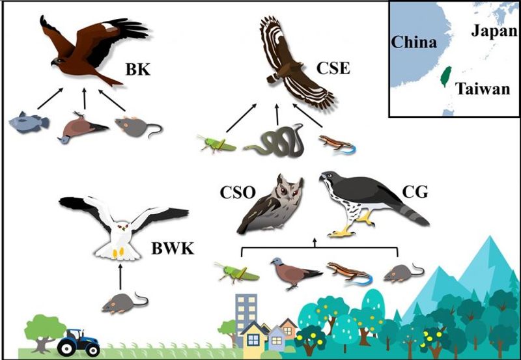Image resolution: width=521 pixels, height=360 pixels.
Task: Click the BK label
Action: click(x=137, y=70)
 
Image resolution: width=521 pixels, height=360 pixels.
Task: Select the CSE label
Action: click(x=333, y=68)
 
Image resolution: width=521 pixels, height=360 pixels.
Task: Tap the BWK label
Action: click(x=173, y=248)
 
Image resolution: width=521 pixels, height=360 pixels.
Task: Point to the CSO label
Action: click(x=238, y=192)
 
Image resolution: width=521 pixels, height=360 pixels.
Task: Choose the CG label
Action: click(x=415, y=191)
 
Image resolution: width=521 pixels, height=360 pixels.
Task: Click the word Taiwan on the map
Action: click(x=482, y=89)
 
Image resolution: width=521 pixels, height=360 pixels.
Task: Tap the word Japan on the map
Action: click(x=494, y=31)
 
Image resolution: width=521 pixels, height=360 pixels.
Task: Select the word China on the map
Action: click(x=414, y=42)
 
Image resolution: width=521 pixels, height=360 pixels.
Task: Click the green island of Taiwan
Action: click(x=446, y=76)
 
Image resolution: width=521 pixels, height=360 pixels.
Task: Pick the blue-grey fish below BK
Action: click(x=29, y=122)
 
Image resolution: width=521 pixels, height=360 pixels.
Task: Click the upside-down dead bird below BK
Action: click(x=83, y=128)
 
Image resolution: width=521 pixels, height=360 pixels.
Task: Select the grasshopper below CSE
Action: click(x=216, y=144)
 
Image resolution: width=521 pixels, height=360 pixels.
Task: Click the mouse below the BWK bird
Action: click(x=124, y=303)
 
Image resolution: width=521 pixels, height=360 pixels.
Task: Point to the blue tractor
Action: click(x=79, y=342)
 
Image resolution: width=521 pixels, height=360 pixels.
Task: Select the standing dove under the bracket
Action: click(x=296, y=272)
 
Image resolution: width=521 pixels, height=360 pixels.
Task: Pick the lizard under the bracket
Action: click(x=350, y=273)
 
